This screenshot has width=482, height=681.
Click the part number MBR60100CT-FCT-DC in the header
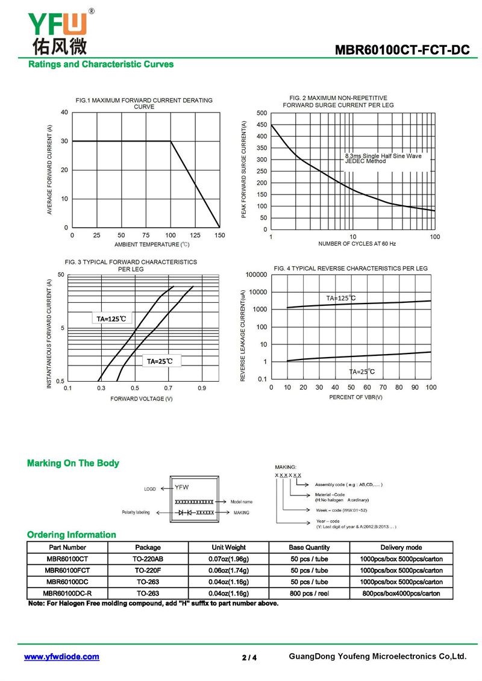pyautogui.click(x=402, y=50)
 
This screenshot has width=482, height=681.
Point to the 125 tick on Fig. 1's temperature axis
pyautogui.click(x=195, y=235)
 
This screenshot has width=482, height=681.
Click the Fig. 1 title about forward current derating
pyautogui.click(x=144, y=104)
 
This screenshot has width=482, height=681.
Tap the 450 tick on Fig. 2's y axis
pyautogui.click(x=261, y=125)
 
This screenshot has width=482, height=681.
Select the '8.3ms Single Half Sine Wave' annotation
pyautogui.click(x=383, y=156)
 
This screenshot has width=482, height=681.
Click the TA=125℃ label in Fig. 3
pyautogui.click(x=111, y=319)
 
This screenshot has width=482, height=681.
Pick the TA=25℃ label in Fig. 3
pyautogui.click(x=160, y=361)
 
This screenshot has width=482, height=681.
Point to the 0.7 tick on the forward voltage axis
pyautogui.click(x=168, y=388)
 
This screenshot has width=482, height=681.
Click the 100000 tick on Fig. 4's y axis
pyautogui.click(x=257, y=275)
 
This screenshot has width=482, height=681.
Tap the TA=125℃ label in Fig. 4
pyautogui.click(x=341, y=298)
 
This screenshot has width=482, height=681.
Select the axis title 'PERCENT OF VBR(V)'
pyautogui.click(x=355, y=397)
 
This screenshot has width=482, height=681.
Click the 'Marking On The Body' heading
pyautogui.click(x=73, y=463)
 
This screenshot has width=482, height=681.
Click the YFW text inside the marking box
pyautogui.click(x=182, y=487)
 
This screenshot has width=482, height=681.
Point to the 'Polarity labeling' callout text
pyautogui.click(x=136, y=512)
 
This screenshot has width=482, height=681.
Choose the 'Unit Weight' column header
pyautogui.click(x=228, y=547)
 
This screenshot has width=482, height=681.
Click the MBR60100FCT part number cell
pyautogui.click(x=67, y=570)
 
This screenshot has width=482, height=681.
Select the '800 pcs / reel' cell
pyautogui.click(x=310, y=593)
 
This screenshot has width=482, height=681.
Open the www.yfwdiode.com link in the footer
pyautogui.click(x=61, y=657)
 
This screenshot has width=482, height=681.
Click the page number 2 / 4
pyautogui.click(x=249, y=658)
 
